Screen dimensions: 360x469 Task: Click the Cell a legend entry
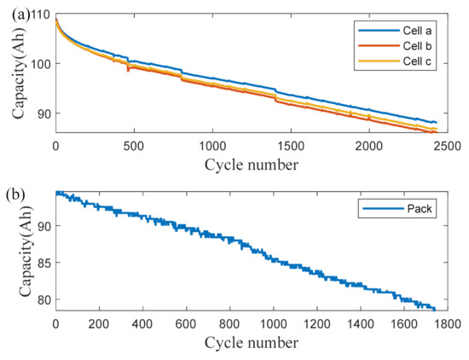401,30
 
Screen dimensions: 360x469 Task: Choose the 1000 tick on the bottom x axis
273,323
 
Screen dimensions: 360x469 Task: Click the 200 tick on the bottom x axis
99,323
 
